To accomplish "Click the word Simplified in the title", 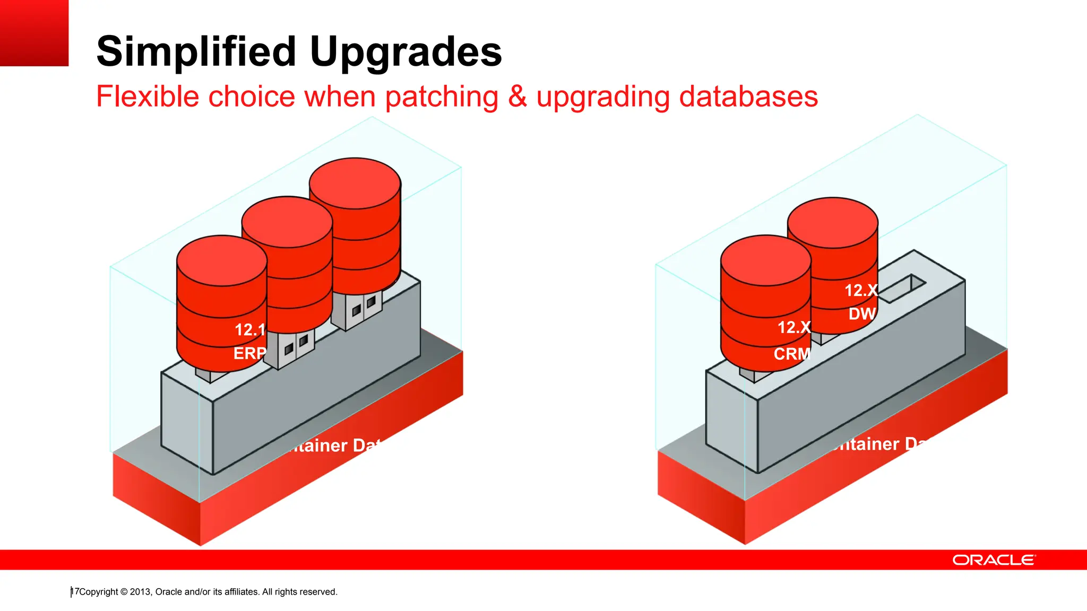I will pos(196,52).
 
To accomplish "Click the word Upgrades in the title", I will pos(406,52).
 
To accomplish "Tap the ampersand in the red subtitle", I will pos(517,97).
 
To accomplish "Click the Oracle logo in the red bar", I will pos(994,560).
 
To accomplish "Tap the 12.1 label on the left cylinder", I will pos(250,330).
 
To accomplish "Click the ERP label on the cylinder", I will pos(250,353).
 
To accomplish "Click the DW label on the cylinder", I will pos(862,314).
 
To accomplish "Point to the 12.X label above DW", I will pos(861,291).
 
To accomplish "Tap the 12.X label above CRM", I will pos(794,327).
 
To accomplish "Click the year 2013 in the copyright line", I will pos(141,592).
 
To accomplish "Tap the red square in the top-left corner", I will pos(34,33).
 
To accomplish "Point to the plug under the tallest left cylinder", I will pos(357,310).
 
